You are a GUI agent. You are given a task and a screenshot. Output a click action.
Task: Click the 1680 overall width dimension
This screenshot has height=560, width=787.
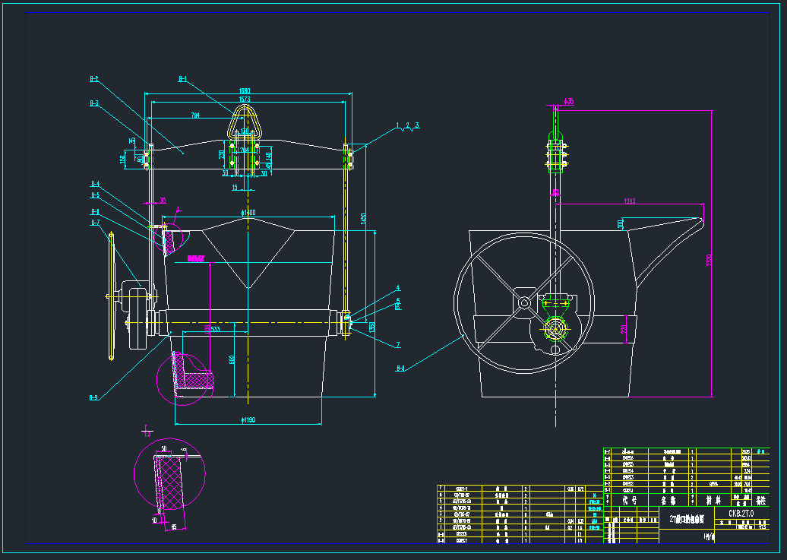click(x=245, y=91)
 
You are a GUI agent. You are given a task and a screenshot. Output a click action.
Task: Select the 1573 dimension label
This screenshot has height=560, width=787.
click(x=245, y=100)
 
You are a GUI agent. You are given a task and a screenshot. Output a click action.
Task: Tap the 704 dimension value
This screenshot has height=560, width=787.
click(x=195, y=115)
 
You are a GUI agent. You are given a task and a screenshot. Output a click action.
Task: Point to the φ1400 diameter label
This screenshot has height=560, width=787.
click(x=248, y=213)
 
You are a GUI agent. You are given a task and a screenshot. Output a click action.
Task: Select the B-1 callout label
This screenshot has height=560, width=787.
click(x=182, y=78)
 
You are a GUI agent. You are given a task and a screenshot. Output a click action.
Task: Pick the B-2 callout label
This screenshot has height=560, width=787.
click(x=94, y=78)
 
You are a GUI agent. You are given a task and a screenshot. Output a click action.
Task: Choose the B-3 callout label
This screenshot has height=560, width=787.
click(x=94, y=103)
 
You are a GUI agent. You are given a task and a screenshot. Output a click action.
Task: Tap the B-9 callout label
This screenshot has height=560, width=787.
click(x=94, y=397)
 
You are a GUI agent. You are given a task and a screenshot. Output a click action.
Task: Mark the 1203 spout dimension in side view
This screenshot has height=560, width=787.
click(x=628, y=201)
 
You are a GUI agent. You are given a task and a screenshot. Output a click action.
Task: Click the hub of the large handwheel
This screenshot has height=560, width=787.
click(x=524, y=302)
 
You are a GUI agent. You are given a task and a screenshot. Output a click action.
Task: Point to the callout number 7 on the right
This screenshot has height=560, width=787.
click(x=397, y=345)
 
